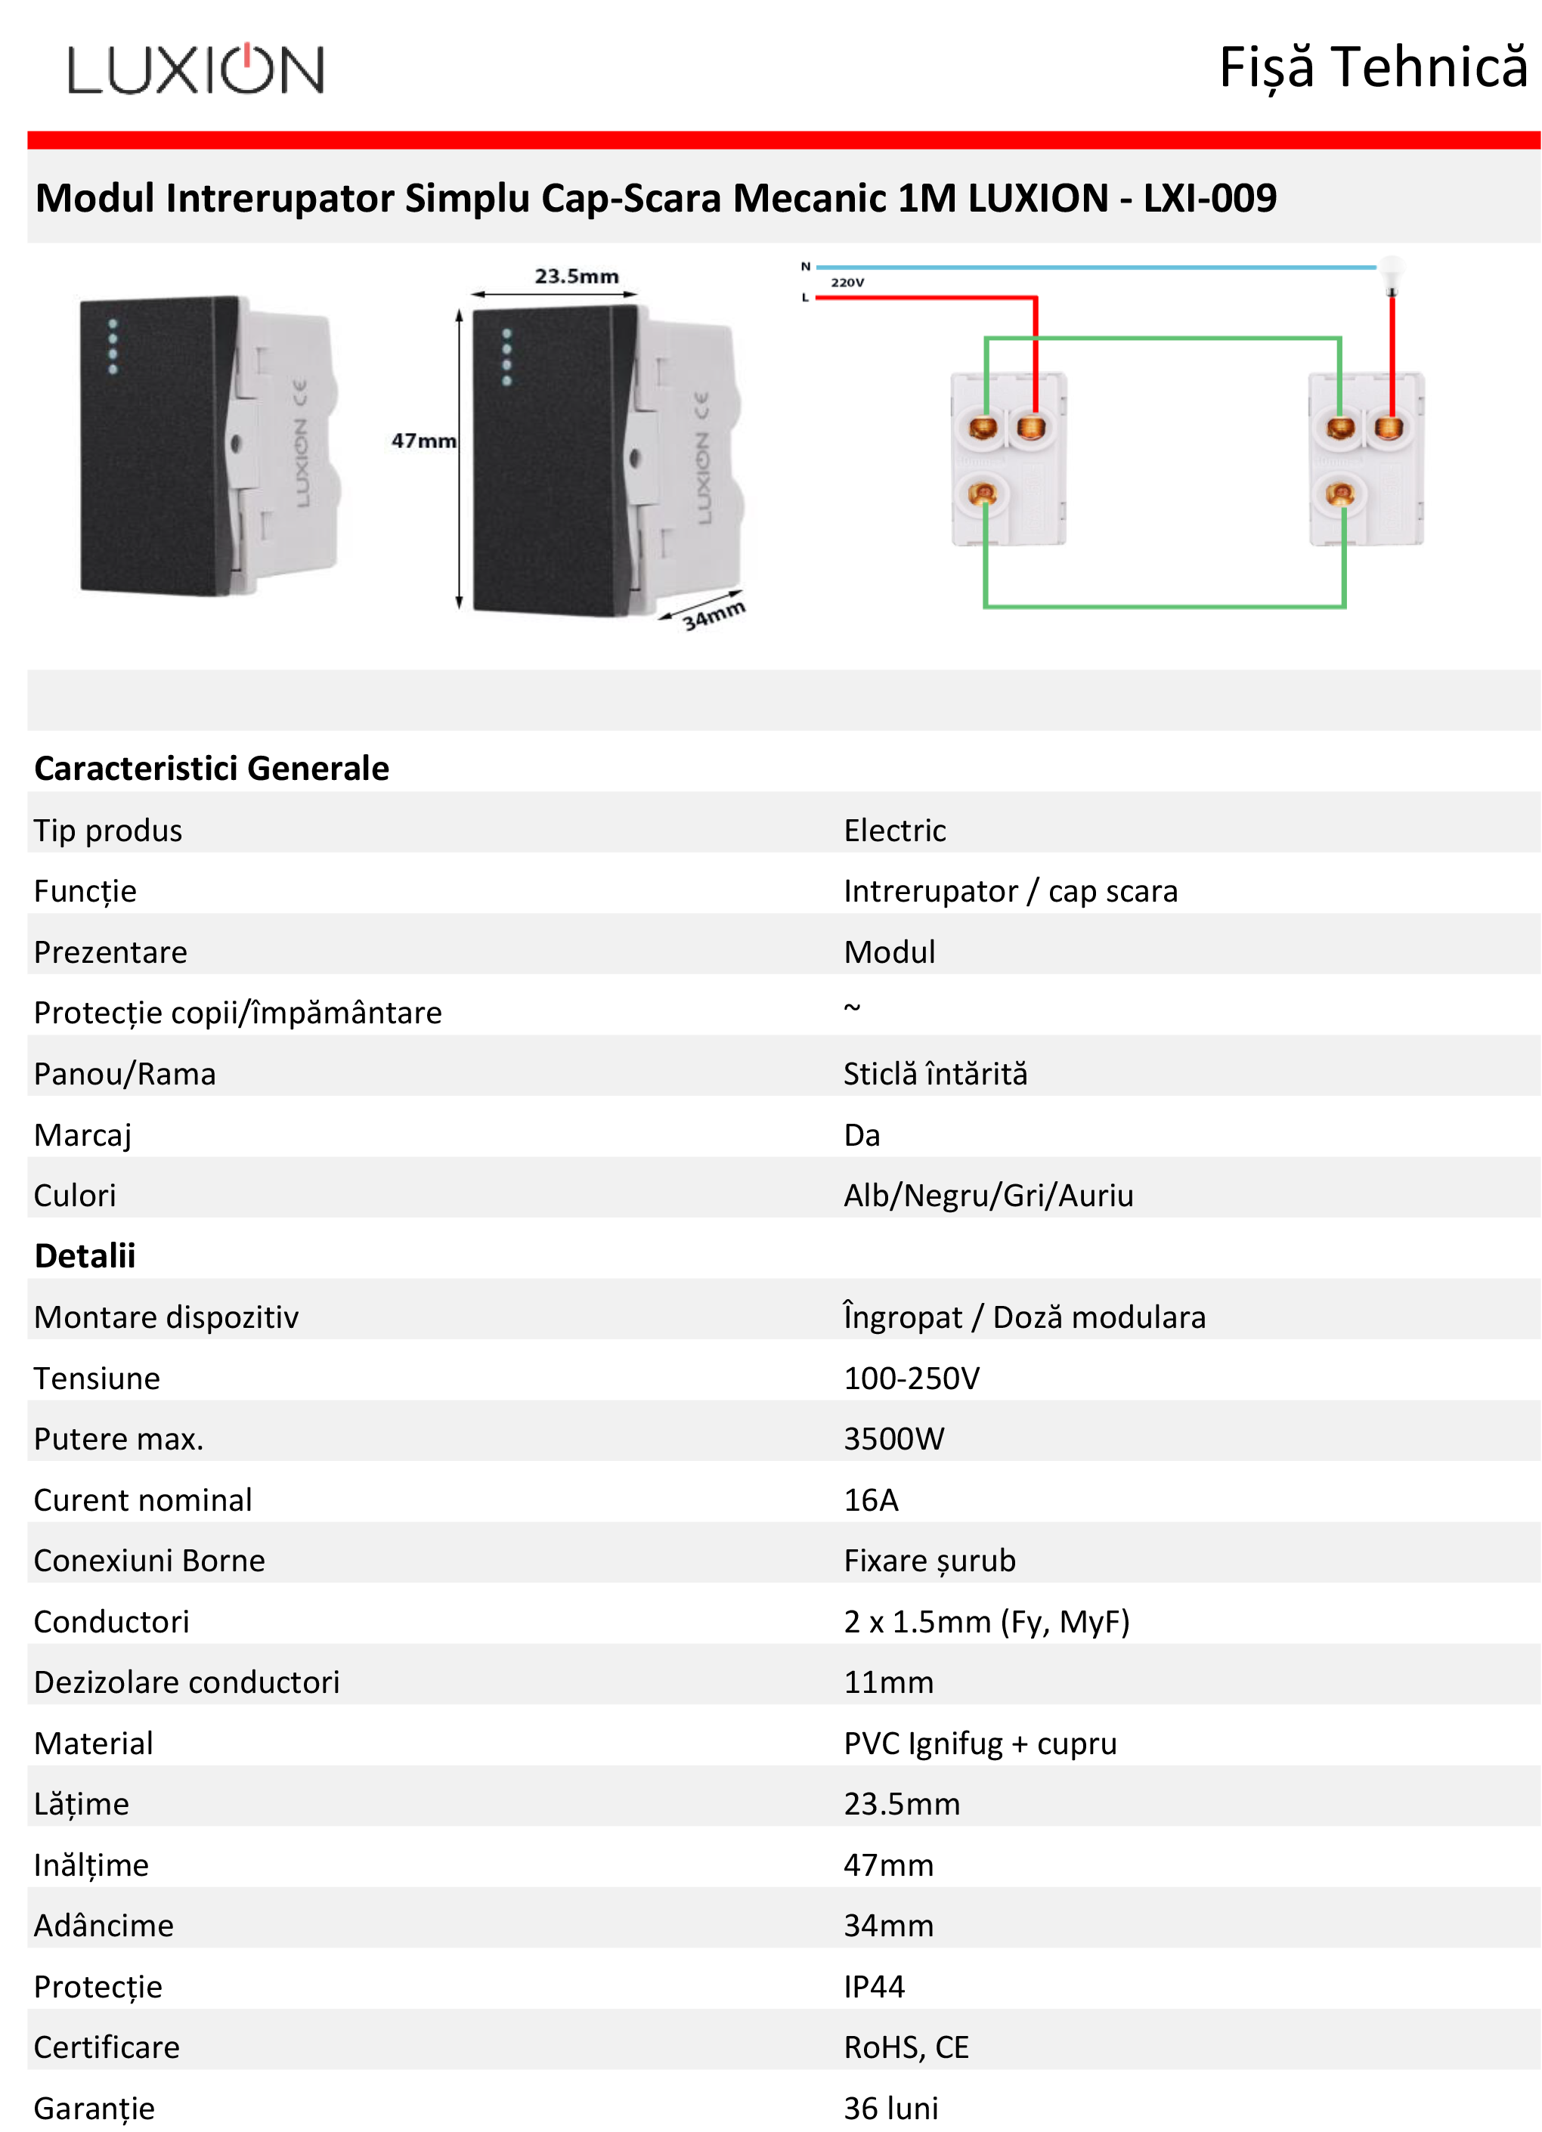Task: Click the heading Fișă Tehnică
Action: click(x=1373, y=68)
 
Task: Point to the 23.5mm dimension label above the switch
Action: click(x=577, y=275)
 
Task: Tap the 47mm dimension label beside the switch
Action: click(x=423, y=440)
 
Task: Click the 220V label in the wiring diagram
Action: click(x=847, y=282)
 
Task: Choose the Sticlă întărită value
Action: click(x=936, y=1072)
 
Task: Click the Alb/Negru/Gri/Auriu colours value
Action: click(x=988, y=1195)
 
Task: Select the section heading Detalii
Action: click(x=85, y=1255)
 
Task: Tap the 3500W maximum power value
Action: click(x=893, y=1438)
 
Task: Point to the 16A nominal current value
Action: click(x=871, y=1499)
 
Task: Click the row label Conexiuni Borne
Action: click(x=150, y=1561)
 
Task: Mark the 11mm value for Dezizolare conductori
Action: click(x=888, y=1682)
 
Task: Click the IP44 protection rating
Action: click(x=874, y=1986)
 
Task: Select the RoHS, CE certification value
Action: click(x=906, y=2047)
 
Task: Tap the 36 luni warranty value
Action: click(x=890, y=2108)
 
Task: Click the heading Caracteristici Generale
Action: click(x=212, y=768)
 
